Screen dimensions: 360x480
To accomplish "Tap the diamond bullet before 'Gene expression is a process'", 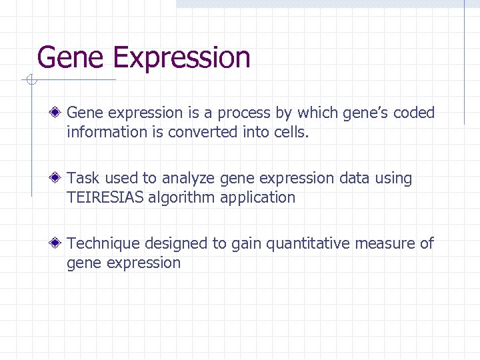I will (x=58, y=113).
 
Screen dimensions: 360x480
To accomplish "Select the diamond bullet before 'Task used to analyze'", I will (x=58, y=179).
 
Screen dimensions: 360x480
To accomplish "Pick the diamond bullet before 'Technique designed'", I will (x=58, y=244).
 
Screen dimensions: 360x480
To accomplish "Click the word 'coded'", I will (x=414, y=113).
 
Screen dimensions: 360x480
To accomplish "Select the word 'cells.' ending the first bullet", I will (x=291, y=132).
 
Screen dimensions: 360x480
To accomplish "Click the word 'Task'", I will (x=83, y=179).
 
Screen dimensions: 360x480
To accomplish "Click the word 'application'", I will (x=261, y=198).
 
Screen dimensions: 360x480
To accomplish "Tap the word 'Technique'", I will (x=103, y=244).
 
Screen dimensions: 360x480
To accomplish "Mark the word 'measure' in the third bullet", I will (x=385, y=244).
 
